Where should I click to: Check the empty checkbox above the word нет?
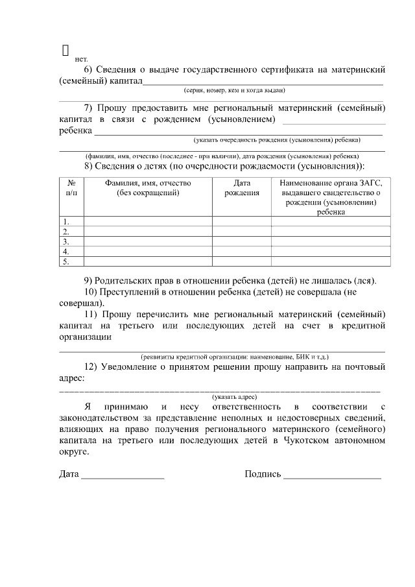pos(65,49)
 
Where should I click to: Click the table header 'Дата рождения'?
pos(242,188)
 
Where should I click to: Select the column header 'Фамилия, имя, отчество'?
pos(148,188)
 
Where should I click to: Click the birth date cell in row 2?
pos(242,232)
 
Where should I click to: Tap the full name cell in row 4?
pos(148,252)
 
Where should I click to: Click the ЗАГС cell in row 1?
pos(331,222)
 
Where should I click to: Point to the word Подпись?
pos(263,473)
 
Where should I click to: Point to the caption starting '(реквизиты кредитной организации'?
pos(234,357)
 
